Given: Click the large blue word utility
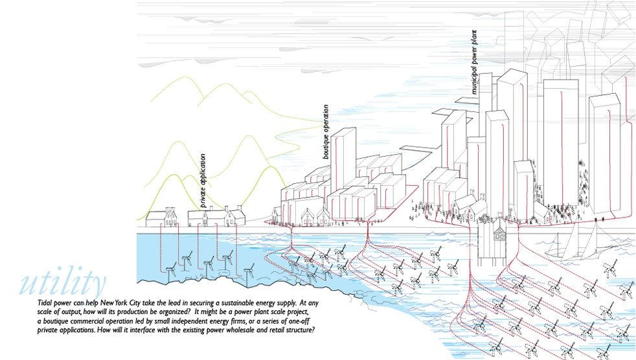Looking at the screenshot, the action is tap(63, 282).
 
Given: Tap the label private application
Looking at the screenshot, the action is tap(203, 181).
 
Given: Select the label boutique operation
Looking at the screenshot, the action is tap(326, 131).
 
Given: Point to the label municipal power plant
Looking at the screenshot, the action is tap(475, 62).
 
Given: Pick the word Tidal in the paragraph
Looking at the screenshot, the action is tap(45, 303).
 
